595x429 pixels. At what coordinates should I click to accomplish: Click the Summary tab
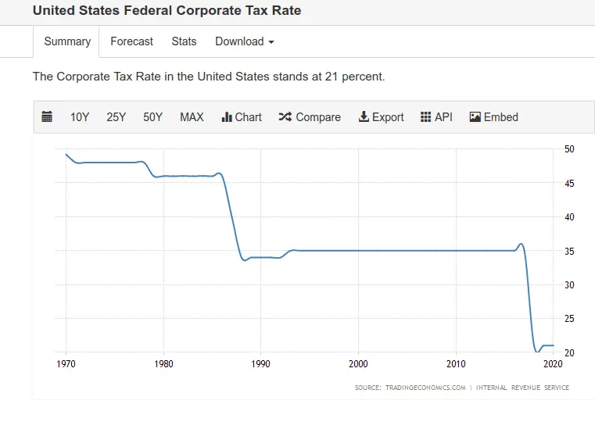tap(66, 41)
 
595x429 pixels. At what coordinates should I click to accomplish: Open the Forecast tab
tap(131, 41)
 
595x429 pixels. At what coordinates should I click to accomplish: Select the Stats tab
tap(184, 41)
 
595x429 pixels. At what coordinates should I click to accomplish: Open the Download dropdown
tap(244, 41)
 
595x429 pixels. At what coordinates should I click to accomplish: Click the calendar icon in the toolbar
tap(47, 117)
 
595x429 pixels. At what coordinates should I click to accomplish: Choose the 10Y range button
tap(80, 117)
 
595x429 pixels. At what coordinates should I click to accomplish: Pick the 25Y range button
tap(116, 117)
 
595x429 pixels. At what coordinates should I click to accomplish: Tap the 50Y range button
tap(152, 117)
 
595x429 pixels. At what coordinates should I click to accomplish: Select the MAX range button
tap(192, 117)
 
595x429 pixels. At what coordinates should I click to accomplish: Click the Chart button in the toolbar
tap(242, 117)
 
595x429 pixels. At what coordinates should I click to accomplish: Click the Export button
tap(381, 117)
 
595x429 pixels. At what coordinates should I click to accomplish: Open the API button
tap(436, 117)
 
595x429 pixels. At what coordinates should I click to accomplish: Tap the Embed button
tap(493, 117)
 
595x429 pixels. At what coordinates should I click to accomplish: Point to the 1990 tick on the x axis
tap(260, 364)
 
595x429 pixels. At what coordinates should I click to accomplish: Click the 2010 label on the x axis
tap(456, 364)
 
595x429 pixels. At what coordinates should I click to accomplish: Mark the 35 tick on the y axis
tap(569, 251)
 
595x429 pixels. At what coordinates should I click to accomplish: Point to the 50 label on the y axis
tap(569, 148)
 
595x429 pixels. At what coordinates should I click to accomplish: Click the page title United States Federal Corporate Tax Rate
tap(167, 11)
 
